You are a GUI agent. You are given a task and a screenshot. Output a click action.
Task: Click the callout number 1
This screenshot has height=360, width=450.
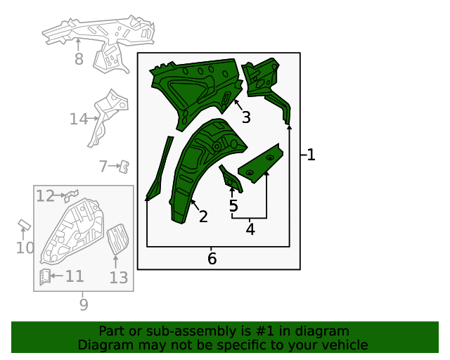(311, 155)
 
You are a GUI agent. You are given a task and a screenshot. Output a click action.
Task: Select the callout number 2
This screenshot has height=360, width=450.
(203, 217)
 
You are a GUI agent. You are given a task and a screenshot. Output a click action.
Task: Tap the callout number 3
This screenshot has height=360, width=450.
(245, 117)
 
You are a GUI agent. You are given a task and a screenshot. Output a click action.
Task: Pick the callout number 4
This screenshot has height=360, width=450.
(250, 229)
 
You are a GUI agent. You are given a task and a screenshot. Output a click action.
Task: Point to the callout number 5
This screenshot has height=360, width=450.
(233, 206)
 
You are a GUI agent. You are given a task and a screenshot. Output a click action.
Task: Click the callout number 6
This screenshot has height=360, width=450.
(212, 259)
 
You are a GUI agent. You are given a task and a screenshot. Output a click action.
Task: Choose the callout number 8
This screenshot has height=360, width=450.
(79, 60)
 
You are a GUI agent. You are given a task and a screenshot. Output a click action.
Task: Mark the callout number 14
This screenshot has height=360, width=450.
(78, 120)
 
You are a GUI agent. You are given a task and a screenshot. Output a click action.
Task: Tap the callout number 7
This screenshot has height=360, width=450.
(103, 167)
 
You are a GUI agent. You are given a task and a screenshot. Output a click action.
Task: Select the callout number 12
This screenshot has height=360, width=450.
(45, 195)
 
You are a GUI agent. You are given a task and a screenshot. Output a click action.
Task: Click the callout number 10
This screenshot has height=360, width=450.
(25, 247)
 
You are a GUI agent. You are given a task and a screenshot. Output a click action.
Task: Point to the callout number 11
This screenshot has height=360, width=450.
(75, 276)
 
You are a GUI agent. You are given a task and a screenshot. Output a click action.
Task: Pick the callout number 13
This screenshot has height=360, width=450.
(119, 278)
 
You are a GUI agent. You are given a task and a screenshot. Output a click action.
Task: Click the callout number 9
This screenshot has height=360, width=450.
(83, 304)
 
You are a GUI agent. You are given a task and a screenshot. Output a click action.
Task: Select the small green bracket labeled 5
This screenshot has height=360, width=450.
(231, 179)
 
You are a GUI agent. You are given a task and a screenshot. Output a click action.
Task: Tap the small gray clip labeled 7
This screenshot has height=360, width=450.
(124, 166)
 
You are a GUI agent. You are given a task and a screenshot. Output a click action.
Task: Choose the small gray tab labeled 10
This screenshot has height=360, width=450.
(24, 225)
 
